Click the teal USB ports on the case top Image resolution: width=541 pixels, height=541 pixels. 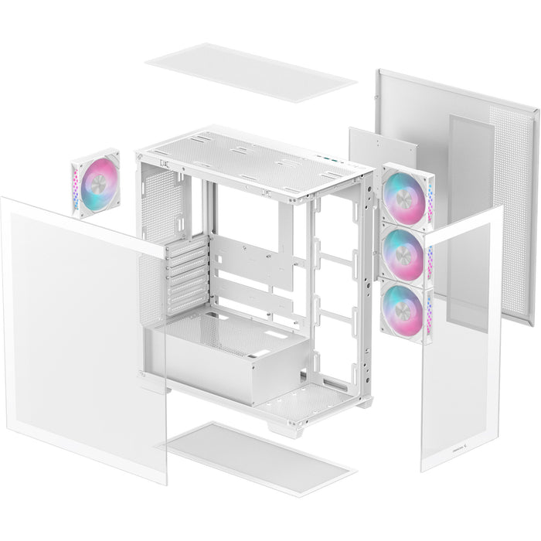331,160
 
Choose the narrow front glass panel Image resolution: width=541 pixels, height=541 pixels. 461,340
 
